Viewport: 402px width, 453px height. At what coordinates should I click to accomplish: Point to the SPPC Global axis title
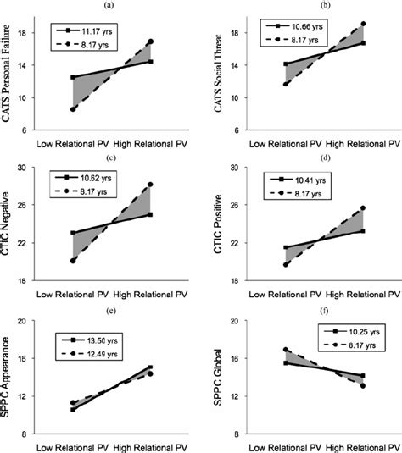click(x=215, y=376)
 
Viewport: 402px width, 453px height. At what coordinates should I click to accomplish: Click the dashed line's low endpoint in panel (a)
click(x=73, y=109)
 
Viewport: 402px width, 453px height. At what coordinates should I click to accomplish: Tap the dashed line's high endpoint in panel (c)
click(x=150, y=184)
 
